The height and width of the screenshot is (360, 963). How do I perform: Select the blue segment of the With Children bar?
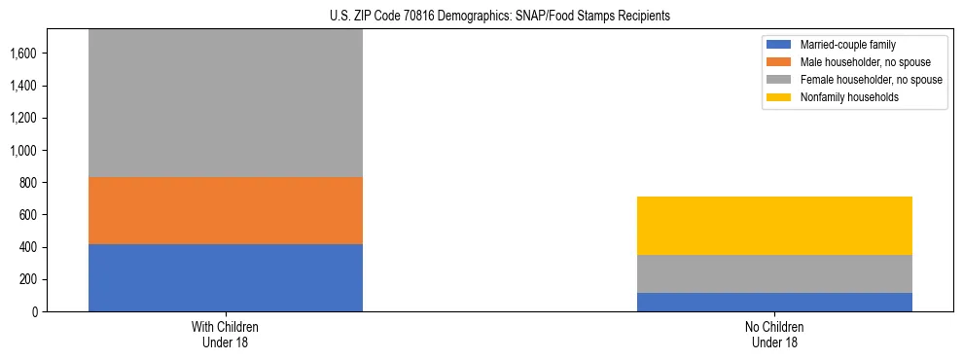[225, 277]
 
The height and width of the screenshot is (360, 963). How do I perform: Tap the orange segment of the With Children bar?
[225, 210]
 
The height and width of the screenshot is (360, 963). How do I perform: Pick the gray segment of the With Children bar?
[225, 103]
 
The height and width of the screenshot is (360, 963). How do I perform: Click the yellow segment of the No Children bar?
[774, 226]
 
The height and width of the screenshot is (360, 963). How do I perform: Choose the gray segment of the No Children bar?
[774, 273]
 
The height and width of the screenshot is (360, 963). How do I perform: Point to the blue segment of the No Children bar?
[774, 302]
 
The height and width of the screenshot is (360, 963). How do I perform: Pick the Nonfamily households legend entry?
[842, 97]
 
